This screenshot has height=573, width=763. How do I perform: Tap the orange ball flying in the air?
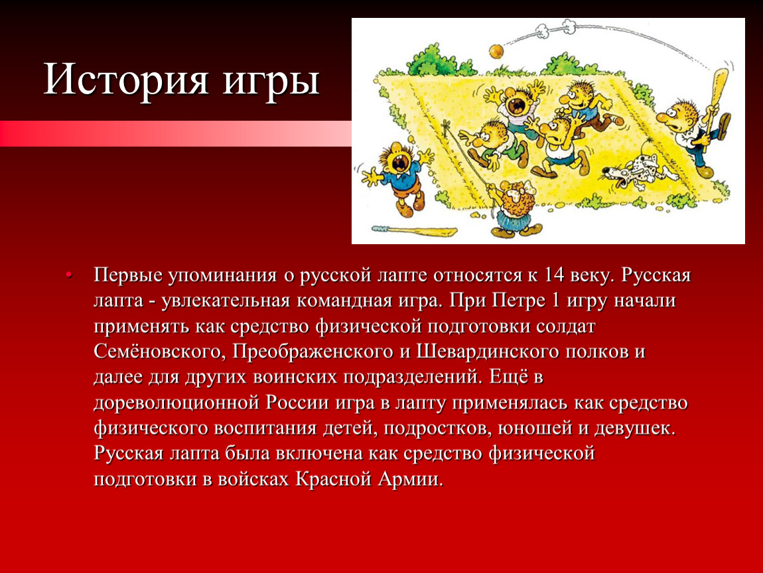[496, 50]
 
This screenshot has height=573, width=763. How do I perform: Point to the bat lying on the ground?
[414, 231]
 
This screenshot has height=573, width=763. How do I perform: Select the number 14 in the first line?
[554, 275]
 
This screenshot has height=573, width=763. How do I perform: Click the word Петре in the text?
[518, 300]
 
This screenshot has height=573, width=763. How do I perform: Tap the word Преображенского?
[312, 351]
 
